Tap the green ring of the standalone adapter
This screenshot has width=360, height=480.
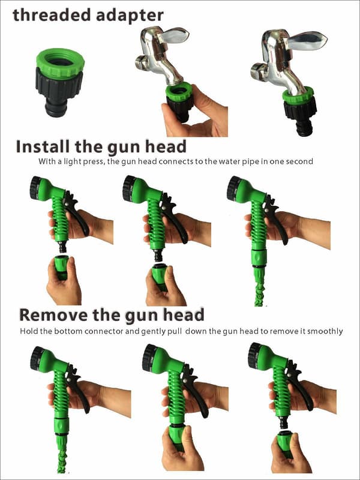tap(61, 63)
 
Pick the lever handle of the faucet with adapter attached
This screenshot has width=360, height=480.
tap(306, 40)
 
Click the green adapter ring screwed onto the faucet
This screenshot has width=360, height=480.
tap(298, 95)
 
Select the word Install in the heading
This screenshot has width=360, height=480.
tap(43, 146)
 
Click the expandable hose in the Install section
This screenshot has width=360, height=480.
tap(259, 287)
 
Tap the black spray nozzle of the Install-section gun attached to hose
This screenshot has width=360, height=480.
tap(234, 188)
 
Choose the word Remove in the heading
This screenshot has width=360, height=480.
tap(53, 316)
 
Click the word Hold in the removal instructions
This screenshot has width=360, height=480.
tap(29, 331)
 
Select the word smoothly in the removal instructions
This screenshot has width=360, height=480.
tap(325, 332)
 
